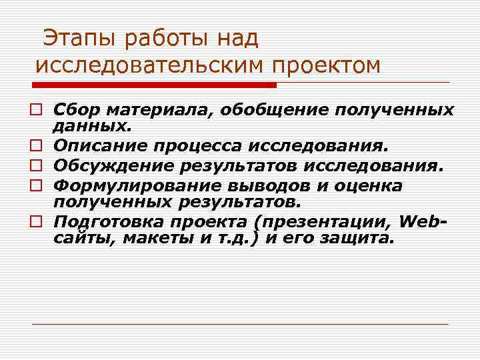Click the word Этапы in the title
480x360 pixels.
point(72,39)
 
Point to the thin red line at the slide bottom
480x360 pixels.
point(240,324)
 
